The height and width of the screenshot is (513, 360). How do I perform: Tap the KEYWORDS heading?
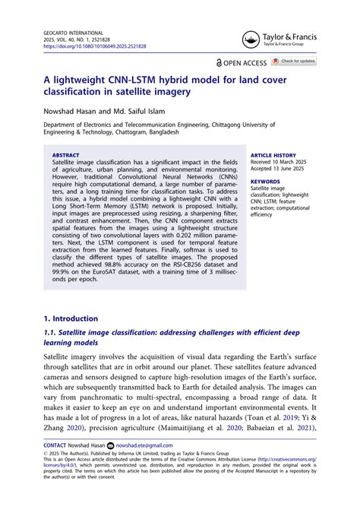tap(265, 182)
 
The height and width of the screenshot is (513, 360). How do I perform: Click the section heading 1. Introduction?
tap(71, 318)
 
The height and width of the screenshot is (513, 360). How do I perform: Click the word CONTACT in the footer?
tap(55, 445)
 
